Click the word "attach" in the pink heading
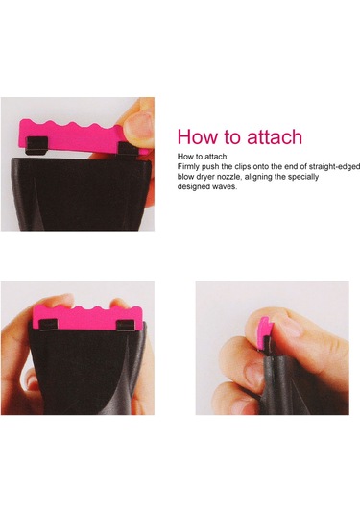click(x=275, y=136)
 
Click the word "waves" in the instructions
click(x=225, y=186)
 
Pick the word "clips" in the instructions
click(x=243, y=167)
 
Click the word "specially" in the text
click(x=303, y=177)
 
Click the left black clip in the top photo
click(x=37, y=145)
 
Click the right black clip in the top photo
click(x=129, y=150)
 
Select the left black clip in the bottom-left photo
click(x=49, y=325)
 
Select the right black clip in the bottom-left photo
click(x=126, y=326)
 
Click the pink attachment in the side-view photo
click(x=264, y=332)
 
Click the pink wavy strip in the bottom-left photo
click(x=87, y=317)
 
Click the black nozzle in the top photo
click(x=82, y=194)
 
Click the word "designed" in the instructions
click(x=194, y=186)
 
